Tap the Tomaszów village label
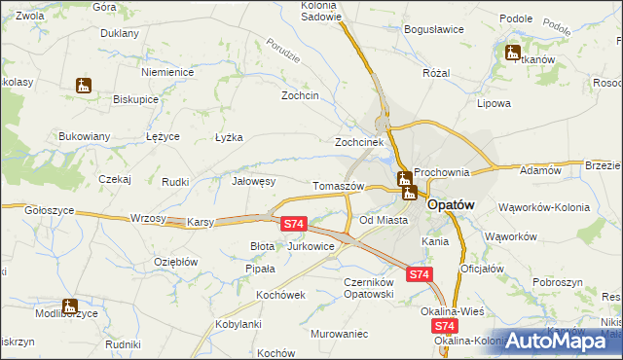pyautogui.click(x=339, y=186)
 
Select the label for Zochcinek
pyautogui.click(x=357, y=141)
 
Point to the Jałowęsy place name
pyautogui.click(x=255, y=181)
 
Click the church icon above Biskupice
pyautogui.click(x=84, y=86)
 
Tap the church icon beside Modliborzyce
pyautogui.click(x=68, y=307)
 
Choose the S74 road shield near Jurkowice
pyautogui.click(x=295, y=225)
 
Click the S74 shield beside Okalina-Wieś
pyautogui.click(x=445, y=327)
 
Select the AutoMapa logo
pyautogui.click(x=557, y=341)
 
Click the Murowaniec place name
pyautogui.click(x=339, y=334)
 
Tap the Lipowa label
pyautogui.click(x=494, y=102)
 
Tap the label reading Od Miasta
pyautogui.click(x=383, y=220)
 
